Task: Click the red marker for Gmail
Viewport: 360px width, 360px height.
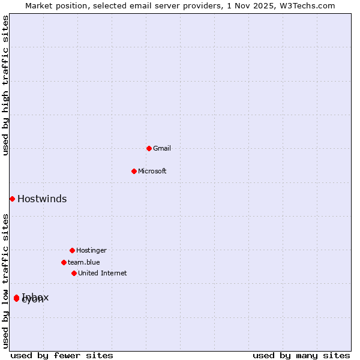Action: pyautogui.click(x=149, y=148)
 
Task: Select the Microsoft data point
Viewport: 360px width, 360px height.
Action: pyautogui.click(x=134, y=171)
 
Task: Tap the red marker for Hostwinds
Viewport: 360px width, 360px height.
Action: pyautogui.click(x=12, y=199)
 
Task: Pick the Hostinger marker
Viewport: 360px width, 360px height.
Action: pyautogui.click(x=72, y=250)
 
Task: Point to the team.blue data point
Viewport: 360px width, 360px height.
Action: pyautogui.click(x=64, y=262)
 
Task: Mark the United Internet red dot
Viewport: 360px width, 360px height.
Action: pyautogui.click(x=74, y=273)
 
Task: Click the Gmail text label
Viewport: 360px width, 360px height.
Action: pyautogui.click(x=162, y=148)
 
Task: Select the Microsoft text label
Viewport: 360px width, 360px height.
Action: pyautogui.click(x=152, y=171)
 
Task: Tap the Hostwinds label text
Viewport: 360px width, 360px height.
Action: pyautogui.click(x=42, y=199)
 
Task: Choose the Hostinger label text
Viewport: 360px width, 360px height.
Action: pyautogui.click(x=91, y=250)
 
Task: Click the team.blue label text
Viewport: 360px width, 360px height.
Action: pyautogui.click(x=84, y=262)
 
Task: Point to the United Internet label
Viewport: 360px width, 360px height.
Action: pyautogui.click(x=103, y=273)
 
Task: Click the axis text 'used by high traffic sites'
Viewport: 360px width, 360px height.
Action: pyautogui.click(x=6, y=86)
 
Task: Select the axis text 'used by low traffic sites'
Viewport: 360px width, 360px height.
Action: pyautogui.click(x=6, y=281)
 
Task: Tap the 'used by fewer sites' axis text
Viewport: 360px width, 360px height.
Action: pyautogui.click(x=62, y=356)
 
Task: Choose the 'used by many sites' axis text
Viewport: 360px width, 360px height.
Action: pyautogui.click(x=301, y=356)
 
